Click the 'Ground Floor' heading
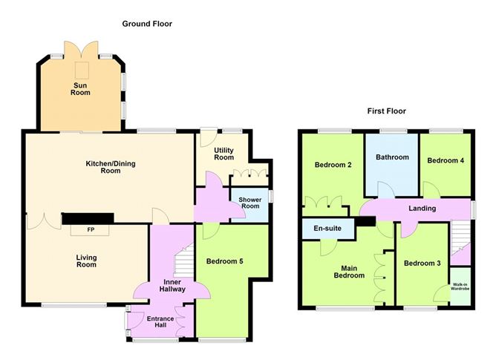147,24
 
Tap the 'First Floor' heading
387,111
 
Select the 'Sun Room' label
80,89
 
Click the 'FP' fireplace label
91,229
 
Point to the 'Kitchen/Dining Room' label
111,167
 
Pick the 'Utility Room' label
224,154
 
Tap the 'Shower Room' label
250,203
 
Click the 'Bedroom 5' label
224,261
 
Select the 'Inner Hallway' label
172,285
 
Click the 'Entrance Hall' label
160,321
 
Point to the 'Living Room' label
86,261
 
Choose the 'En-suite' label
327,228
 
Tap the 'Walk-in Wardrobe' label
460,287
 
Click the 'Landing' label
422,208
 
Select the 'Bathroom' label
392,157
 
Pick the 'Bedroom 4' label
446,160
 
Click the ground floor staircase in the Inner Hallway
184,260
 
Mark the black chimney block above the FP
88,218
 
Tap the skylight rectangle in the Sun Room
82,71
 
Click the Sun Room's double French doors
81,50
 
